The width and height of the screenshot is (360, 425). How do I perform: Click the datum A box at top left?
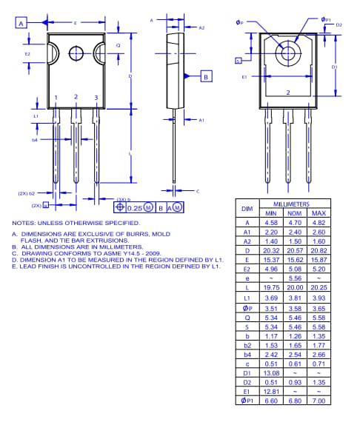pyautogui.click(x=21, y=24)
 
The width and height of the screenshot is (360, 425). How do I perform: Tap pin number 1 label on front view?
pyautogui.click(x=56, y=98)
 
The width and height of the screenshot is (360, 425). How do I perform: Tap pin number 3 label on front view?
pyautogui.click(x=96, y=98)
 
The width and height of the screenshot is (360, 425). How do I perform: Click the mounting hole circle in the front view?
pyautogui.click(x=77, y=53)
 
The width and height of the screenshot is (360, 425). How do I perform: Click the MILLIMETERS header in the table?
pyautogui.click(x=291, y=204)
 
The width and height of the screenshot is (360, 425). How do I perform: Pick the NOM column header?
pyautogui.click(x=295, y=212)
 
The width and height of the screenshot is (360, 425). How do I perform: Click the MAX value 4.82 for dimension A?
pyautogui.click(x=319, y=221)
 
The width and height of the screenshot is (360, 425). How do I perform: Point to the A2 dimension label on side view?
pyautogui.click(x=201, y=27)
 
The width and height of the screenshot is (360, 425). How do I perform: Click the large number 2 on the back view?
pyautogui.click(x=287, y=93)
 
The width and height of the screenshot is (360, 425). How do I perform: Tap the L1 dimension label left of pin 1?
pyautogui.click(x=35, y=116)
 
